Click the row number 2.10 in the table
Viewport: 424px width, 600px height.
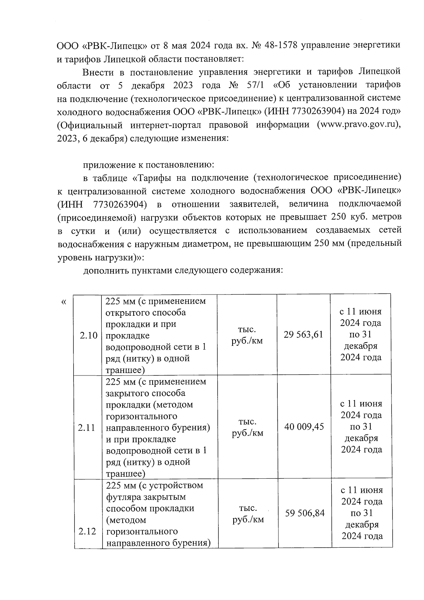(88, 335)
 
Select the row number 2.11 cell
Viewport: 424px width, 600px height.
(87, 427)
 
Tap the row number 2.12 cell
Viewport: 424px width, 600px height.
(87, 531)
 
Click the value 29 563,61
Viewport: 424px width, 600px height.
(304, 334)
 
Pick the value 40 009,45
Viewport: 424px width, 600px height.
(304, 427)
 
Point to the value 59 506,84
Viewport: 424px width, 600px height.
(305, 513)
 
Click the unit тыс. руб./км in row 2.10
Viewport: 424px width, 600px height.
(247, 335)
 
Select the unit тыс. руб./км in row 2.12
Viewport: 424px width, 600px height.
(248, 514)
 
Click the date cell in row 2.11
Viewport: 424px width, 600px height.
(361, 427)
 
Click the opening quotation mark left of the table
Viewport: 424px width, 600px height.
(64, 302)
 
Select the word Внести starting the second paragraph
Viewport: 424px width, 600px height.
(98, 72)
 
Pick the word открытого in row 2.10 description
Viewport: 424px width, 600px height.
(129, 313)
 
